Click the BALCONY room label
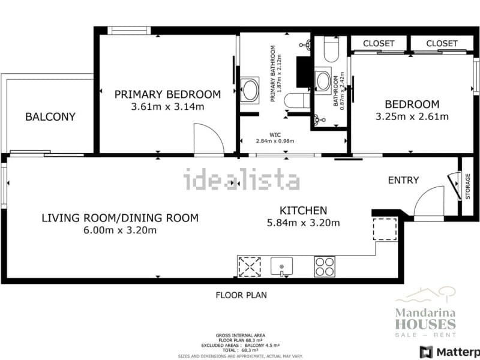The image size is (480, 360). coord(50,117)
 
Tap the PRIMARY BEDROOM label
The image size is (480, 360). coord(167,94)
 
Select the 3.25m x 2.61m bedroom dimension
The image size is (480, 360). coord(412,116)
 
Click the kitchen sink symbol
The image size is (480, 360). coord(281,265)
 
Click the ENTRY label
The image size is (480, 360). coord(403,180)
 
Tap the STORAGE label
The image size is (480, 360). coord(468,187)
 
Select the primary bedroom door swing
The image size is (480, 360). coord(208,139)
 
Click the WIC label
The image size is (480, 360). coord(276,134)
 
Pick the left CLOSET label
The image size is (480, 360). coord(379,43)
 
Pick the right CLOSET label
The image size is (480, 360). coord(442,43)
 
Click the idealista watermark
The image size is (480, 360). coord(241,179)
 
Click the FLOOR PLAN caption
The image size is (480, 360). coord(241,295)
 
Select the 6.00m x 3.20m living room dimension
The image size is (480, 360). coord(120,230)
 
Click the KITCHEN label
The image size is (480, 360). coord(304,211)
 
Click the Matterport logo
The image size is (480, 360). coord(450,352)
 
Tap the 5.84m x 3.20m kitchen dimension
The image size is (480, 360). coord(304,223)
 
